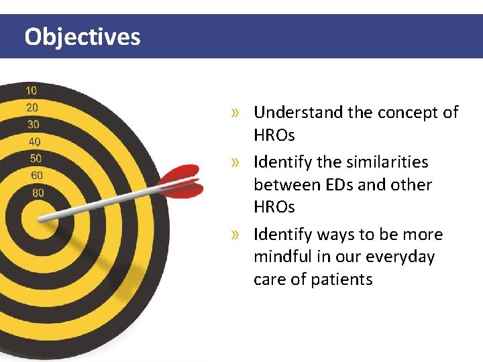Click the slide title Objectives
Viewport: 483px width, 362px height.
point(83,36)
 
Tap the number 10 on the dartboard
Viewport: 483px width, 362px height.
point(32,90)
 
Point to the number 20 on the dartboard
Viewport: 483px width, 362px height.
point(32,107)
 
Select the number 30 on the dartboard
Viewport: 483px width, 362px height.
point(33,125)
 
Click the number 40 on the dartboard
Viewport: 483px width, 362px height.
point(34,141)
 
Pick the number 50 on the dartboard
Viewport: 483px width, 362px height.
point(36,158)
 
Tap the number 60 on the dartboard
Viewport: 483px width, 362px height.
point(37,176)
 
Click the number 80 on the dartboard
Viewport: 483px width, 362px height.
point(38,193)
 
